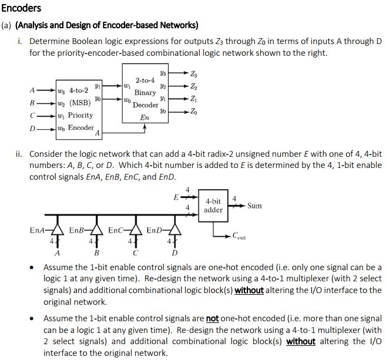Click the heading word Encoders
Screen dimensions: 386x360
pos(21,8)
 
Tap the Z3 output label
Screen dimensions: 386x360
pos(194,73)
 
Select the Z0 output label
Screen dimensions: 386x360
pos(194,112)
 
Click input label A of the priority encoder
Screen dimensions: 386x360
pos(32,90)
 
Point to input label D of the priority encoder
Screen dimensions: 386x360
pos(32,129)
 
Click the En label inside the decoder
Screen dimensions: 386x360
pos(145,117)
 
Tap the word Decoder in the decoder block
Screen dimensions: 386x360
pos(146,105)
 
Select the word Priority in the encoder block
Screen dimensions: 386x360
pos(80,115)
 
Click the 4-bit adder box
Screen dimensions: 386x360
pos(213,206)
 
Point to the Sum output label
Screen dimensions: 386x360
pos(254,206)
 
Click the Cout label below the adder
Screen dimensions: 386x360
pos(239,236)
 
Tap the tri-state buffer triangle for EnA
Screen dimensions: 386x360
pos(58,230)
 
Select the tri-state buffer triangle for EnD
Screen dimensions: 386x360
pos(175,230)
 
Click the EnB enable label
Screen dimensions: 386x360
pos(76,230)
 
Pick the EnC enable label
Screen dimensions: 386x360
pos(116,230)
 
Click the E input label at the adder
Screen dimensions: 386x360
pos(176,197)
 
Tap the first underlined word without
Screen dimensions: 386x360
pos(249,290)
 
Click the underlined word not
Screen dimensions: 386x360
pos(213,319)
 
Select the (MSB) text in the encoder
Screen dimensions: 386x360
pos(80,103)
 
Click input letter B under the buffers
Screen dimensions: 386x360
pos(96,253)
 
